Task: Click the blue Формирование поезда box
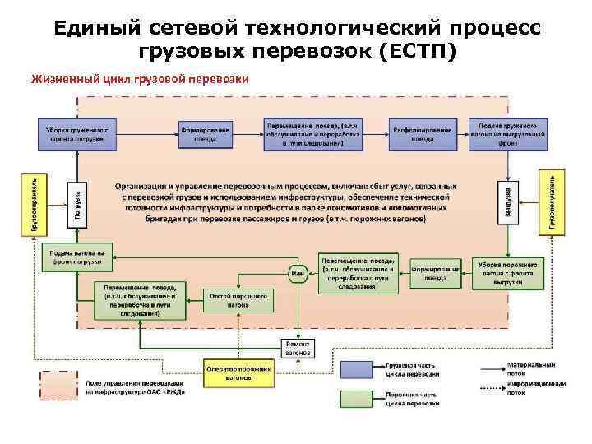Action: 206,134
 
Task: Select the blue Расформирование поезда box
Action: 423,134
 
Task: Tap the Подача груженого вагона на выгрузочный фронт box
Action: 508,135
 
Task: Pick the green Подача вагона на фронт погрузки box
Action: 76,257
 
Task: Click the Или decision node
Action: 296,273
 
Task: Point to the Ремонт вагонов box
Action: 297,347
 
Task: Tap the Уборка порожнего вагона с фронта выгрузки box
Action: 508,273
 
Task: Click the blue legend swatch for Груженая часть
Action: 359,369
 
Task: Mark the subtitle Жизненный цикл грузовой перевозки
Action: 139,80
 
